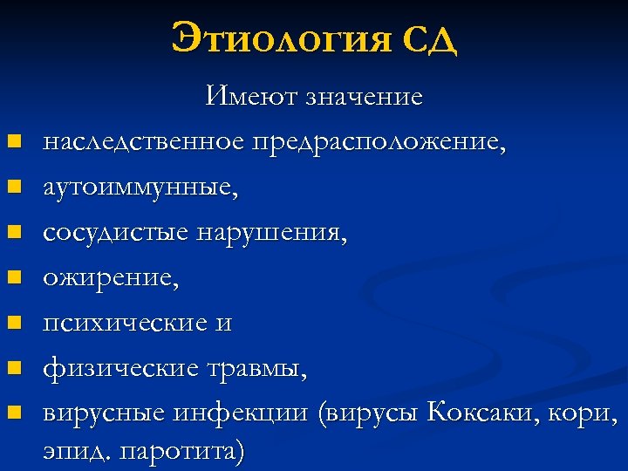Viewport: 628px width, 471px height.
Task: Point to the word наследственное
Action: [x=144, y=140]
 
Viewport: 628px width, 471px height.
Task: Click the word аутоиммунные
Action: [x=140, y=187]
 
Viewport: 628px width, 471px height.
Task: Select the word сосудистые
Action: [x=117, y=233]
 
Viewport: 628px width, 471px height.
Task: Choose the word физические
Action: [x=120, y=369]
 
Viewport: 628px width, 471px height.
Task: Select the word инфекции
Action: [x=248, y=414]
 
